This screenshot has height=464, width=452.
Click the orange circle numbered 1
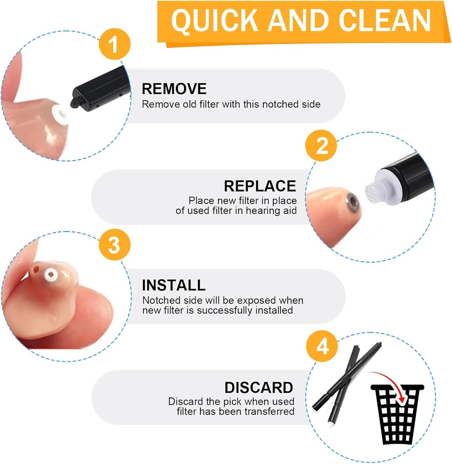[114, 44]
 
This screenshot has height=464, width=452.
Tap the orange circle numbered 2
[321, 145]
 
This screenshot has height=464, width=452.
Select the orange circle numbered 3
[114, 244]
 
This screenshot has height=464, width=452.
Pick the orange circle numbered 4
[322, 346]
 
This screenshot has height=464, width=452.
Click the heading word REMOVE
[174, 89]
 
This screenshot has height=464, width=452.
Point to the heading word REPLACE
[260, 186]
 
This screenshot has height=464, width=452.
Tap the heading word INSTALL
[174, 285]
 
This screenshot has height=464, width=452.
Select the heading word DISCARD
[259, 388]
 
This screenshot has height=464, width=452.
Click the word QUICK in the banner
[214, 21]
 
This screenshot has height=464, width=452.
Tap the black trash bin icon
[397, 414]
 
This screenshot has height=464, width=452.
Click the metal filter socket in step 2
[352, 202]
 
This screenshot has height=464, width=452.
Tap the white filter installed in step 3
[51, 275]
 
